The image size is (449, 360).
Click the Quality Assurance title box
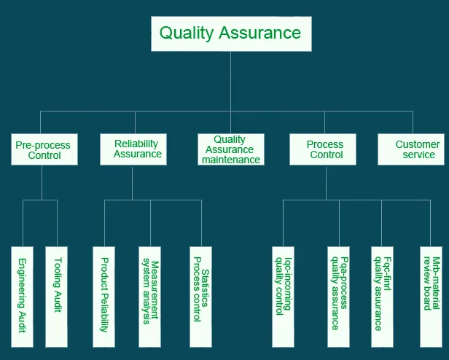pos(230,34)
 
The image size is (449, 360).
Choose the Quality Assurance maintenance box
pos(230,149)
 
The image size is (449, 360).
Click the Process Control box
pos(325,149)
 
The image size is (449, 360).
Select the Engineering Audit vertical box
pos(23,296)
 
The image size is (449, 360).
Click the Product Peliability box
pos(104,295)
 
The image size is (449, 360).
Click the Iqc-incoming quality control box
pos(283,296)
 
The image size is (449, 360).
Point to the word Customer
pos(418,144)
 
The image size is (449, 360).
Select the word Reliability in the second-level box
pos(136,144)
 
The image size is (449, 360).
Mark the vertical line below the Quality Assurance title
pos(230,80)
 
